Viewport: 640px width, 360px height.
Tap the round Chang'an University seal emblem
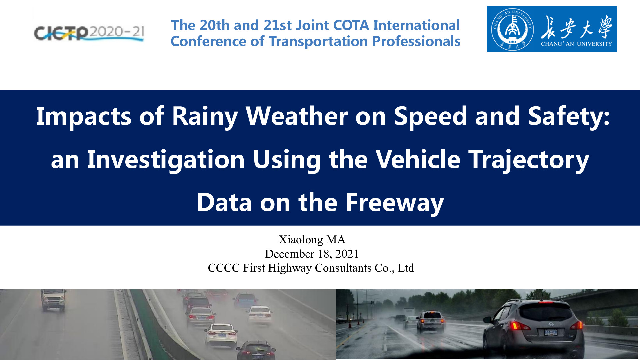512,29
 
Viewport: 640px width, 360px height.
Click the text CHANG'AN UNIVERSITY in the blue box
576,44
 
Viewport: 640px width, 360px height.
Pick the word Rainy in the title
205,116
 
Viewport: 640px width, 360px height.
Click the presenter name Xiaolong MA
312,240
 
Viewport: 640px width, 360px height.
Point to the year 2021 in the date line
347,254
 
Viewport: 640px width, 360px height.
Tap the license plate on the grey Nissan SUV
551,332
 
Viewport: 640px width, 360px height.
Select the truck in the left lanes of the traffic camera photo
53,300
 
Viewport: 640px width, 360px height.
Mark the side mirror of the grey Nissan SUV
487,320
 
